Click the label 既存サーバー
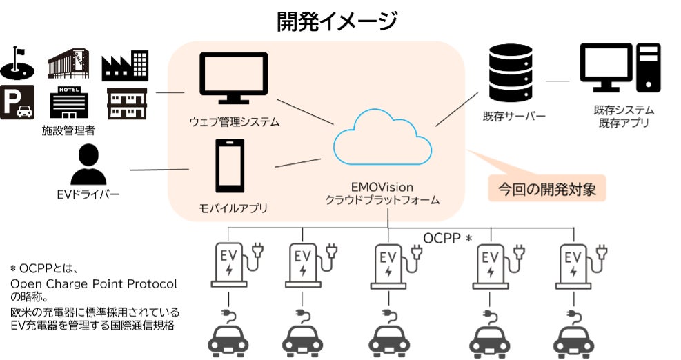coord(514,115)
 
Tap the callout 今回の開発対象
coord(546,188)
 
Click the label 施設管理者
coord(68,130)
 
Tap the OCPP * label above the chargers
coord(447,239)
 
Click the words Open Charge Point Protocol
coord(93,283)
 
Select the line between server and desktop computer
coord(557,81)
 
